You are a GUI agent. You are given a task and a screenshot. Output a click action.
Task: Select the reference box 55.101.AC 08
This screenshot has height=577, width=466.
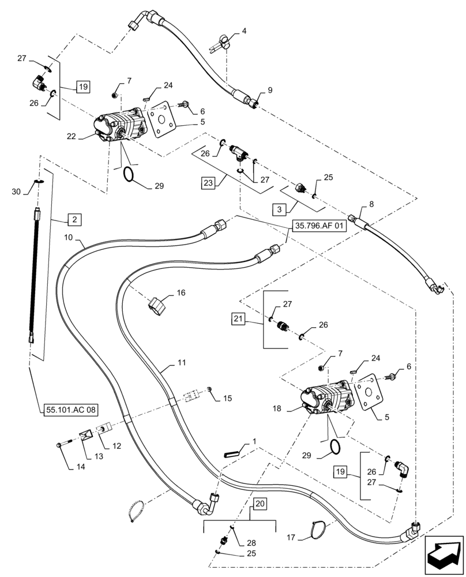coord(69,410)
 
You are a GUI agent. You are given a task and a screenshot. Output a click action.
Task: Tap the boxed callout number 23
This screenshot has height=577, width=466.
coord(208,183)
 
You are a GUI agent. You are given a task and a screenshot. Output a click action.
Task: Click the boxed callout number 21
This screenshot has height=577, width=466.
coord(239,318)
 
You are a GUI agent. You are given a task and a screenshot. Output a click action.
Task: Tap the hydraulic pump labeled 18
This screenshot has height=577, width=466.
coord(328,400)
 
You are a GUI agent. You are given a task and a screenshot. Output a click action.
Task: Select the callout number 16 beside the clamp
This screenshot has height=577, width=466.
coord(181,293)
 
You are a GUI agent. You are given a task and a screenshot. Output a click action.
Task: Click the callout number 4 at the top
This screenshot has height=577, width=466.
coord(244,31)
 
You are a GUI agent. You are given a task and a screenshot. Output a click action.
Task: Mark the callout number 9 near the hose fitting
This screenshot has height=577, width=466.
coord(269,91)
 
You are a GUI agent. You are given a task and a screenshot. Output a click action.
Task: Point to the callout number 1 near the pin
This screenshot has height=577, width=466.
coord(254,440)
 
